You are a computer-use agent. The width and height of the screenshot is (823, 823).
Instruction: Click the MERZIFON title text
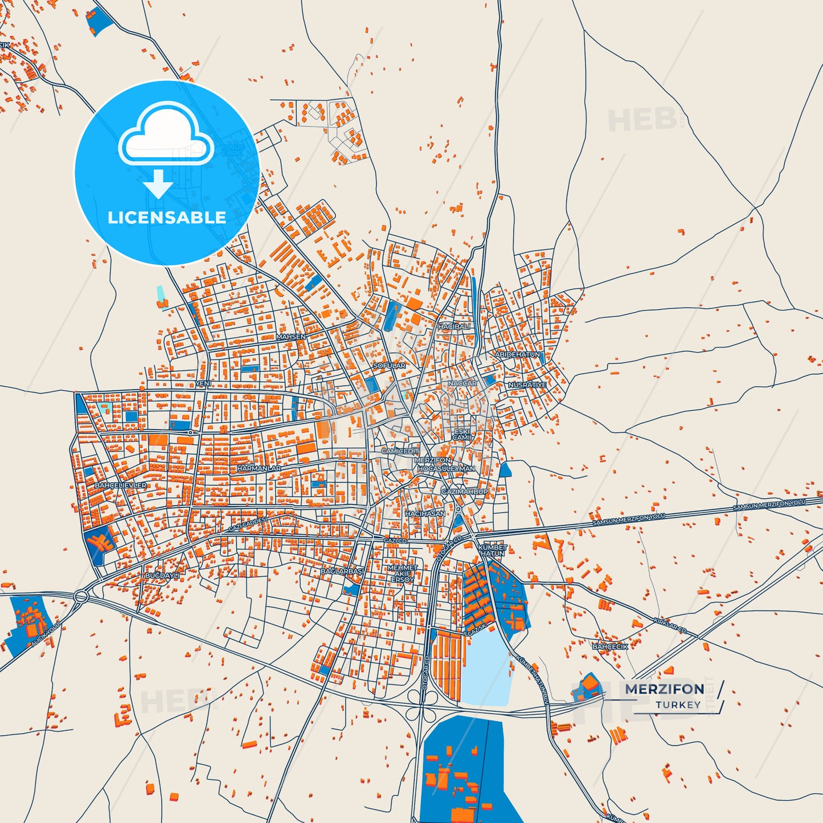click(x=664, y=689)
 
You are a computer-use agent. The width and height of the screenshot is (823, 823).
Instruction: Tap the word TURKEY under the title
click(x=678, y=705)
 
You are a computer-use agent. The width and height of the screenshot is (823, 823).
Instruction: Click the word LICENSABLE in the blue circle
click(x=167, y=218)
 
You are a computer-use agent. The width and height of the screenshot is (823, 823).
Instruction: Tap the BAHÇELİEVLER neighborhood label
click(x=121, y=485)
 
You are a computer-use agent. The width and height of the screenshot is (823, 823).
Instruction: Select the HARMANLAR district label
click(x=259, y=468)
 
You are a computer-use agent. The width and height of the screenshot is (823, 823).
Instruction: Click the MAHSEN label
click(x=290, y=337)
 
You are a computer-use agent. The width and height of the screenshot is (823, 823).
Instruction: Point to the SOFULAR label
click(x=390, y=366)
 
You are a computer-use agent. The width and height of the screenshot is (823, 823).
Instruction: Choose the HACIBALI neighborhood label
click(x=454, y=327)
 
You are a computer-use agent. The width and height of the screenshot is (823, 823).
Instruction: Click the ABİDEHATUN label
click(x=517, y=354)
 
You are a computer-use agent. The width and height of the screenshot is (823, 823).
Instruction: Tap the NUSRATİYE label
click(x=527, y=385)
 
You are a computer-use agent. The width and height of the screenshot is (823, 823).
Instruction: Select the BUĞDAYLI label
click(x=162, y=576)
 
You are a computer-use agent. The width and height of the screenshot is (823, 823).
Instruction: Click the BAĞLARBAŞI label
click(x=342, y=571)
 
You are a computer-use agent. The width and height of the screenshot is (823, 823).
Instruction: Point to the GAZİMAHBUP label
click(x=465, y=492)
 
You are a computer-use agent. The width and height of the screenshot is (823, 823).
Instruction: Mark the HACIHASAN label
click(x=425, y=514)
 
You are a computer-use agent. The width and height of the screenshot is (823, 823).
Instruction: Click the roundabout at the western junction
click(x=80, y=597)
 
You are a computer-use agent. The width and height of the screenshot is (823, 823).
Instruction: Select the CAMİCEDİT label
click(x=400, y=451)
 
